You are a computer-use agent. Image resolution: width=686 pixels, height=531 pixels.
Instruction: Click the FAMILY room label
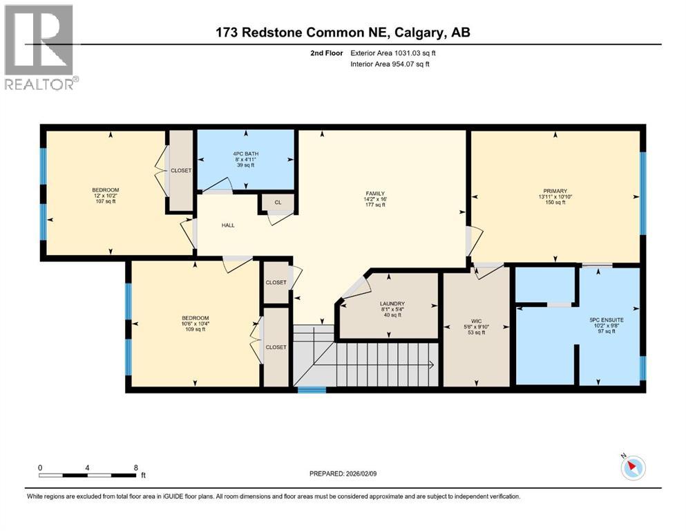(375, 194)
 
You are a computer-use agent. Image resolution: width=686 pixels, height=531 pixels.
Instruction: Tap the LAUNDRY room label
(392, 304)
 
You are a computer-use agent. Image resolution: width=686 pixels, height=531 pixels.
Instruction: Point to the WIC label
(477, 321)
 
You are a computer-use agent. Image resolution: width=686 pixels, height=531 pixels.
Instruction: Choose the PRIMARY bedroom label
(555, 191)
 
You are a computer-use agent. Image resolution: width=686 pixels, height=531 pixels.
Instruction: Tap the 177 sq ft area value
(375, 205)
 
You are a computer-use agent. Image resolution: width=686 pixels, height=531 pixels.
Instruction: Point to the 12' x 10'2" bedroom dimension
(106, 197)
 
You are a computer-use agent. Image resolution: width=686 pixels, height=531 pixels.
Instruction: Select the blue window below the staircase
(312, 391)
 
